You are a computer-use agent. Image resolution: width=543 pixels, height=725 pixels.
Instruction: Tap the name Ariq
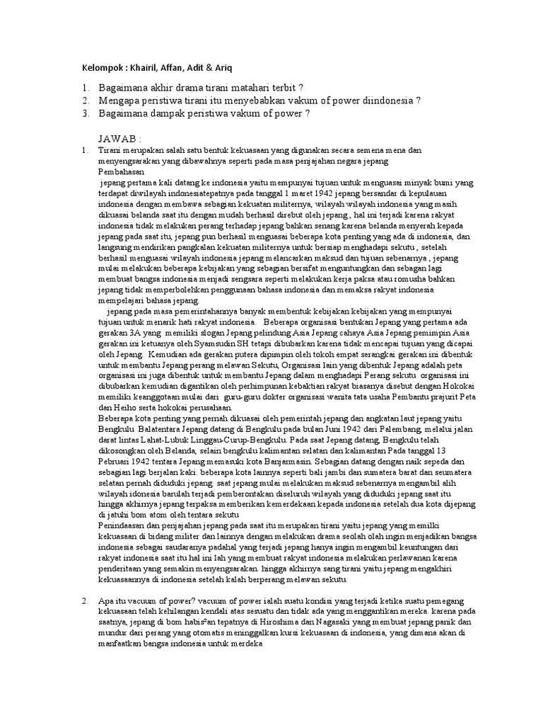click(221, 68)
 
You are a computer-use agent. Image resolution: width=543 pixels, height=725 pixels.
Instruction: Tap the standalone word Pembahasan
click(121, 171)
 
